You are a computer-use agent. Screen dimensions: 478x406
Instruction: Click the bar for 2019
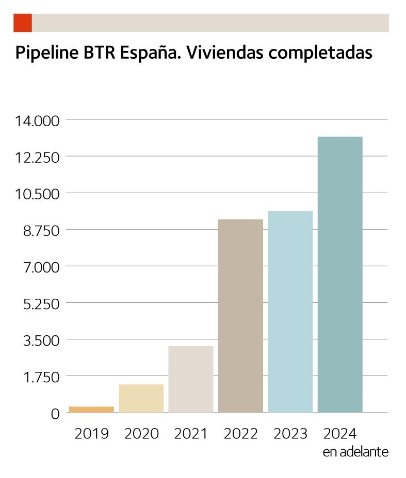click(91, 409)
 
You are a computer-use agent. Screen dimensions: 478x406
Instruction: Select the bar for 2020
click(141, 398)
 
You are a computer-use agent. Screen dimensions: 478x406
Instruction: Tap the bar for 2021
click(191, 379)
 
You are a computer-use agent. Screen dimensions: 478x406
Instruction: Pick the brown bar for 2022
click(240, 316)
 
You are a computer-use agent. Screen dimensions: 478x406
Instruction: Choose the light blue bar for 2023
click(290, 312)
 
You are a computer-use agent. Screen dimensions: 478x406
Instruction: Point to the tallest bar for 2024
click(340, 275)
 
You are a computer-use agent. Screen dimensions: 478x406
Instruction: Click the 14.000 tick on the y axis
click(38, 121)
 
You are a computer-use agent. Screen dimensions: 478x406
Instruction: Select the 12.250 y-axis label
click(38, 157)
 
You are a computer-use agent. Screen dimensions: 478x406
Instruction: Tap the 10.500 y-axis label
click(38, 194)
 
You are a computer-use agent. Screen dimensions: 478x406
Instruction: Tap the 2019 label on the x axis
click(91, 434)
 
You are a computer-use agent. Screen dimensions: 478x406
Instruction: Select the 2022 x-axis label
click(240, 434)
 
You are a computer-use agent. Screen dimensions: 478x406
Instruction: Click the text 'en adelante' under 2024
click(355, 452)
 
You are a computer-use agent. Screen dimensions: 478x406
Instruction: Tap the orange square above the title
click(23, 23)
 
